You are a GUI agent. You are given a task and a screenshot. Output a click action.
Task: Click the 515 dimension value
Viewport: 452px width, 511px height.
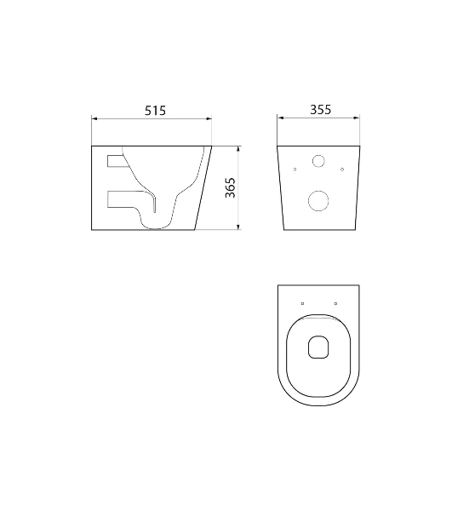tap(155, 111)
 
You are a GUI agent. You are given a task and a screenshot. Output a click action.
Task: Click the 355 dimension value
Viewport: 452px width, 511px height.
tap(320, 110)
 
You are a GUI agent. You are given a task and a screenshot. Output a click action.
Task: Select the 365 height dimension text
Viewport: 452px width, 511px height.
tap(230, 187)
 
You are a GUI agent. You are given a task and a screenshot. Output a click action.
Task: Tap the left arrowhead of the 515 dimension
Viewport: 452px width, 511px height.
tap(94, 118)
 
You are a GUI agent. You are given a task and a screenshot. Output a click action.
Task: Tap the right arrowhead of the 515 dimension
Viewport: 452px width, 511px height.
tap(209, 118)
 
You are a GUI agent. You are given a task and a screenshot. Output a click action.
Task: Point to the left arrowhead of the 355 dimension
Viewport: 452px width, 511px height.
tap(280, 118)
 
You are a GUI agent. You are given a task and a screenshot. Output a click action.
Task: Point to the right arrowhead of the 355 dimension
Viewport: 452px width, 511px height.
tap(357, 118)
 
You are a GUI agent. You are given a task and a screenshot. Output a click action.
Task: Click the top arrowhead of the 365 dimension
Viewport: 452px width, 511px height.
tap(238, 149)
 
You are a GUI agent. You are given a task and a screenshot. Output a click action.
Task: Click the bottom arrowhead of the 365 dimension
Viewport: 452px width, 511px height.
tap(238, 227)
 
